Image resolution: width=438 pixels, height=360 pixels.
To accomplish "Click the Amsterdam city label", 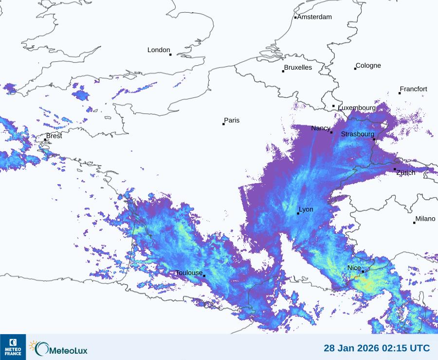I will point(314,17).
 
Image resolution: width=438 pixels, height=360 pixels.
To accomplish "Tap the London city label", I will point(159,50).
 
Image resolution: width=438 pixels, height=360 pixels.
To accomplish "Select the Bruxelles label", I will point(298,68).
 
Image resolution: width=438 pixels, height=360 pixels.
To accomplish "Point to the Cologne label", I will point(368,66).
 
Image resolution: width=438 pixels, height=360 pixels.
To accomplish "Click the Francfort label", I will point(413,89).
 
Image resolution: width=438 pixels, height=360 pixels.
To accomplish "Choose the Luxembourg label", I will point(357,108).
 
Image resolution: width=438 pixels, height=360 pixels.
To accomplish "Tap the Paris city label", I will point(232,120).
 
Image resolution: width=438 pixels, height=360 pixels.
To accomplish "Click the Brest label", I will point(54,136).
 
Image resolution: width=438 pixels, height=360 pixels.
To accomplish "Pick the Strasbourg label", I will point(357,134).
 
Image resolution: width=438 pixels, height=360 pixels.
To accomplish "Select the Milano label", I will point(425,219).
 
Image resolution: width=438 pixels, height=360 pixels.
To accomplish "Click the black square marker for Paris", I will point(223,124).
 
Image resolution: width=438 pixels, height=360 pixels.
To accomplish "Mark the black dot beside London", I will point(170,55).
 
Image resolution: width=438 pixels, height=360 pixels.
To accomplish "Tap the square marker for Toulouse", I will point(204,276).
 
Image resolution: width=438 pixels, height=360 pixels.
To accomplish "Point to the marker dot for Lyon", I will point(298,213).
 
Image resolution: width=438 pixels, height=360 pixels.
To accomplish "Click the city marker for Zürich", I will point(395,169).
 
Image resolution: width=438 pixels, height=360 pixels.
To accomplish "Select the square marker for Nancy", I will point(331,133).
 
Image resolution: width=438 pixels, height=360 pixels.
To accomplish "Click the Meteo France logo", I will point(13,347).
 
